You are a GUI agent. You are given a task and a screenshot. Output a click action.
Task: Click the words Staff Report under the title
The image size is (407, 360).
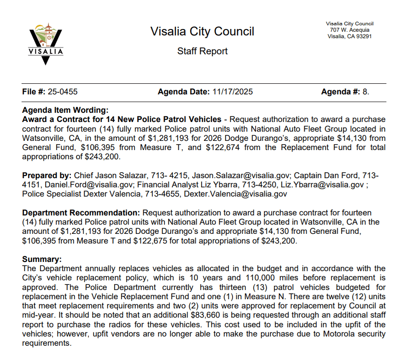[202, 51]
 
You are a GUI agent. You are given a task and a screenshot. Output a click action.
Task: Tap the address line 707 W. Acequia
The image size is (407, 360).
[349, 30]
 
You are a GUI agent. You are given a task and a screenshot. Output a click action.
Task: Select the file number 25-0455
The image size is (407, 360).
[62, 92]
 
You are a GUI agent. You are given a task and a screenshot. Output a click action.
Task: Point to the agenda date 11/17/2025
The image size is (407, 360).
[233, 92]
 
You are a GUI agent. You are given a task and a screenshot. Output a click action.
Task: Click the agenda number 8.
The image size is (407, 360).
[366, 92]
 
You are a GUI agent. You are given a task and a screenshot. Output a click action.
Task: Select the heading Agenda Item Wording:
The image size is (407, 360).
[65, 110]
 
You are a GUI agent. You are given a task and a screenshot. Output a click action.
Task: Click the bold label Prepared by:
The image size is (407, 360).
[46, 175]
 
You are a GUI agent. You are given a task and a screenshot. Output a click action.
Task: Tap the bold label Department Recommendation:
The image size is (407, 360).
[81, 213]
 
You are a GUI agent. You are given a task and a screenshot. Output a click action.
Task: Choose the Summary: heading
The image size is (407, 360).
[42, 260]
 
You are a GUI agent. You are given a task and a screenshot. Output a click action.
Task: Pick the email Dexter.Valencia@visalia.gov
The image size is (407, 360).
[235, 194]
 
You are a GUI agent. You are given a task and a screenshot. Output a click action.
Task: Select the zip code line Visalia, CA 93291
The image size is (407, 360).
[349, 36]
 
